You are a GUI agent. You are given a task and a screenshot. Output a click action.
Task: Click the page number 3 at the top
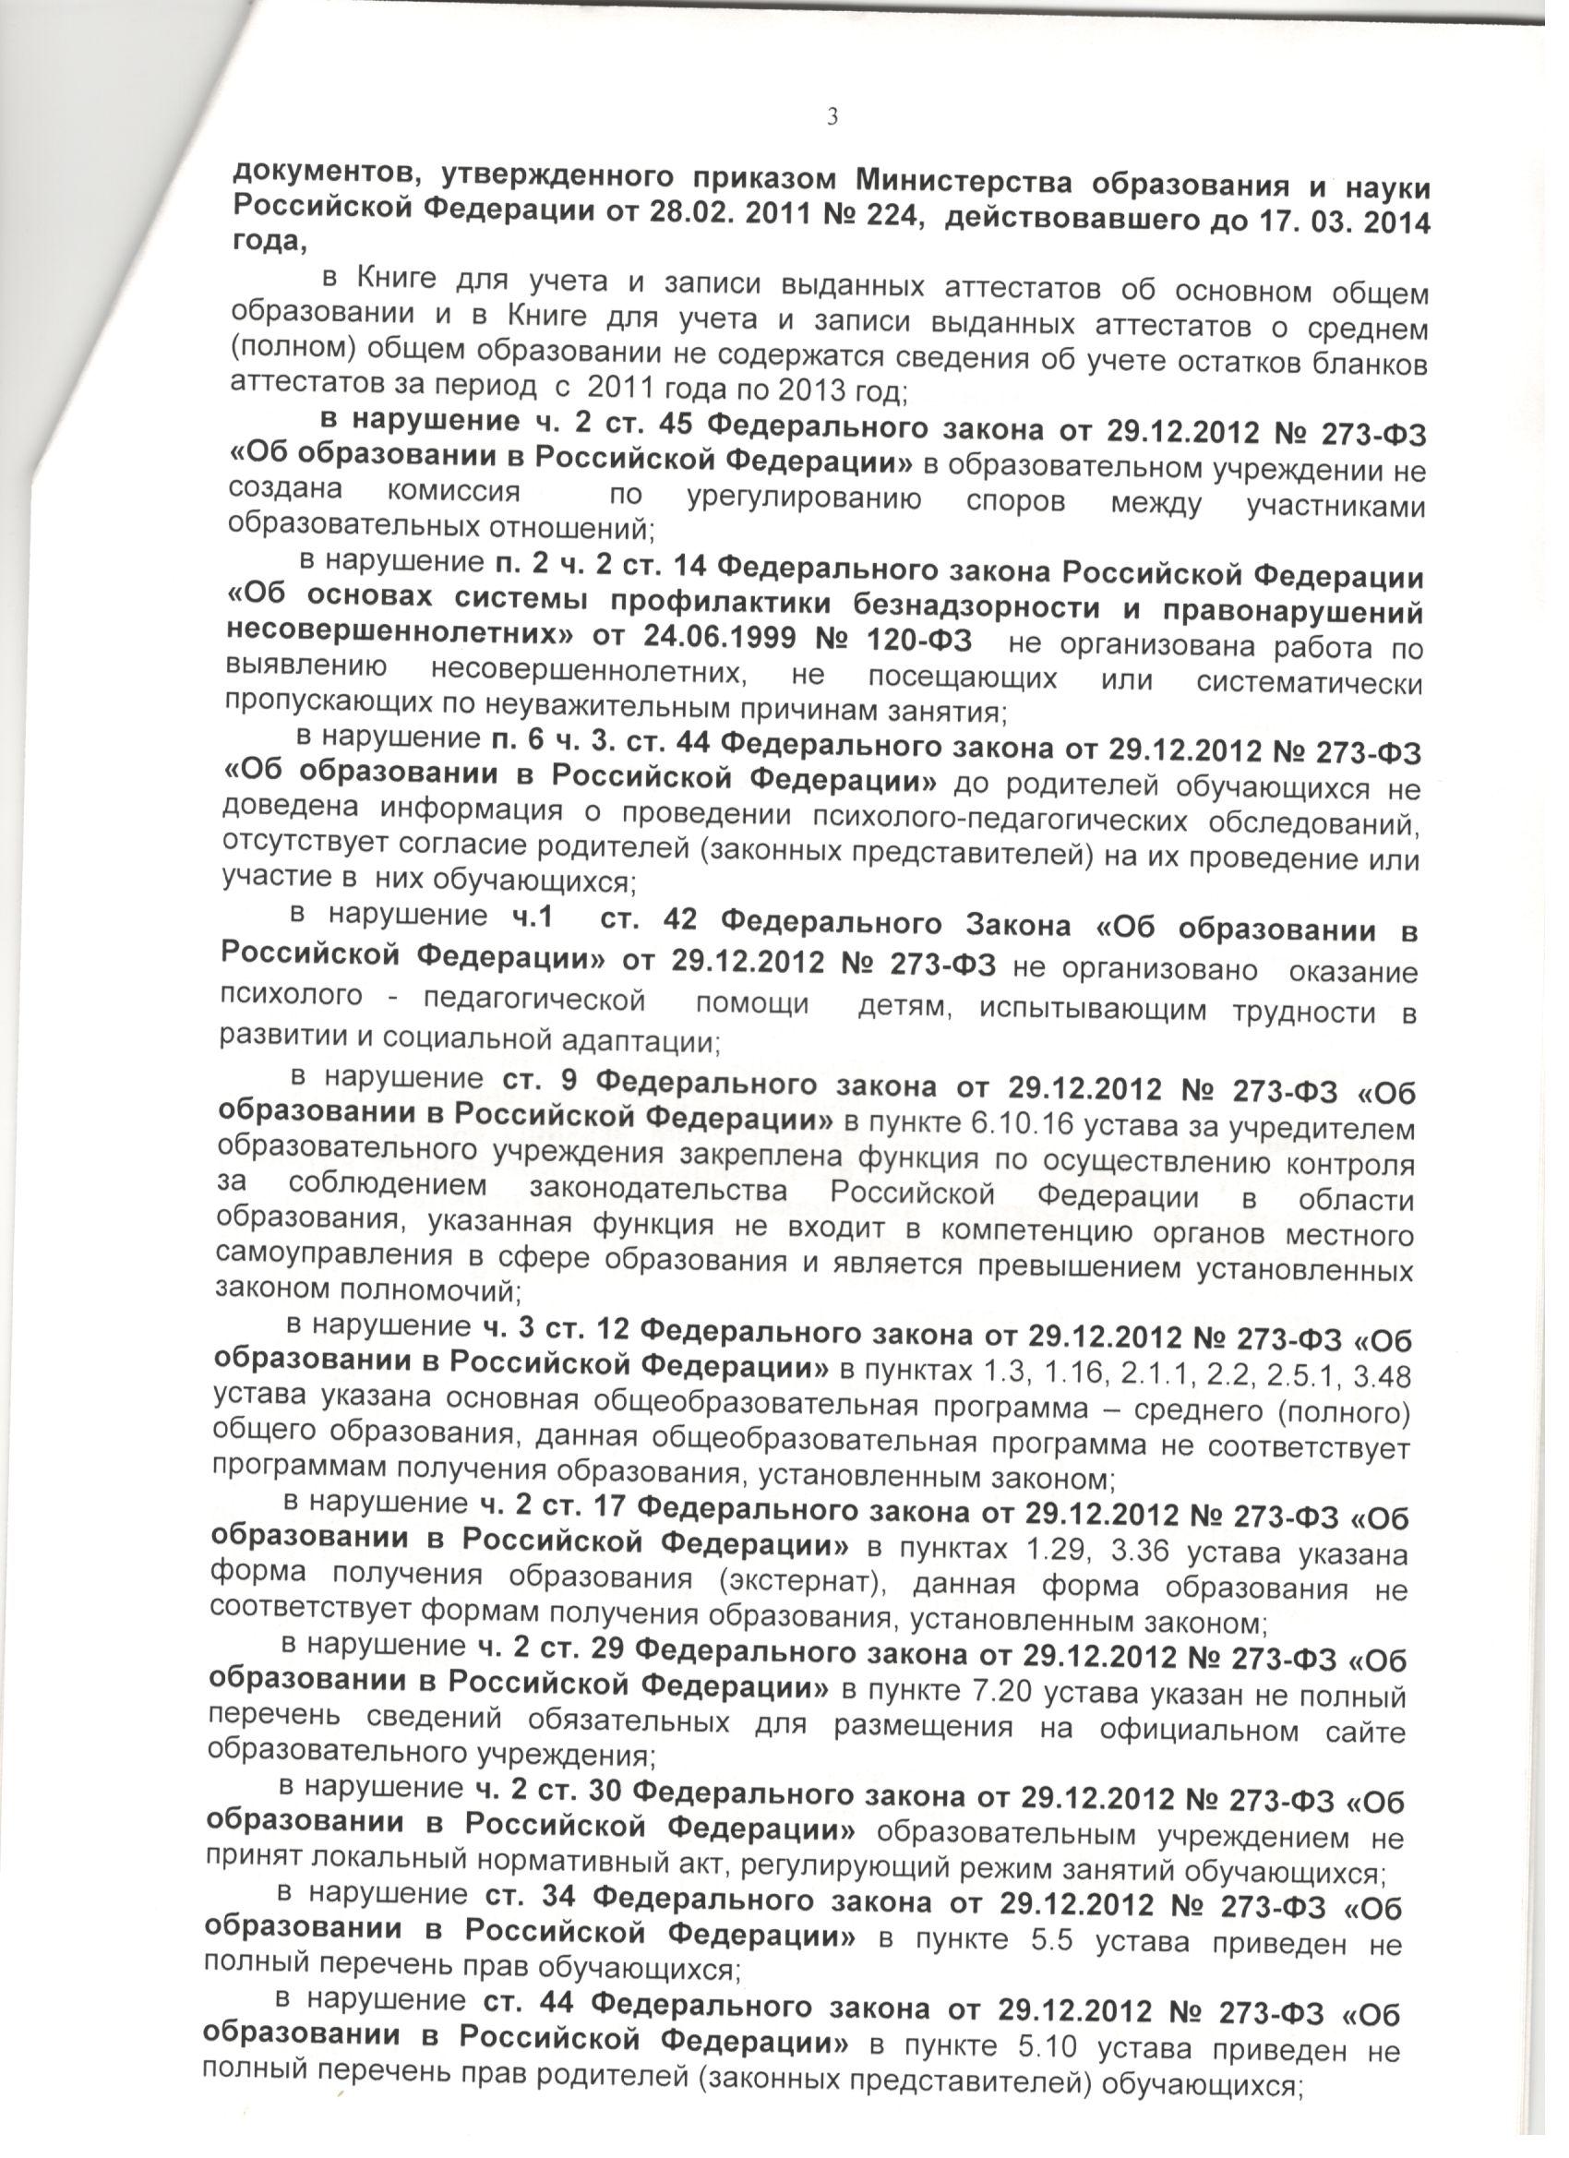click(x=832, y=117)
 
